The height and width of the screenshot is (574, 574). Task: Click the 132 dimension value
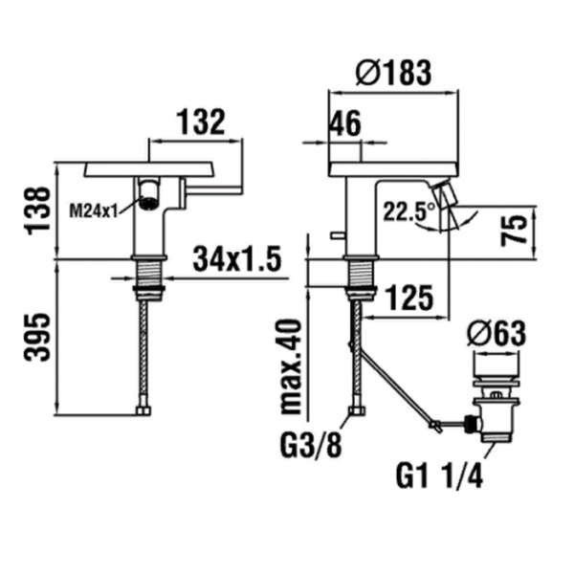pyautogui.click(x=200, y=122)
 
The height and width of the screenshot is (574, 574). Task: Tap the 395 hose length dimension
pyautogui.click(x=35, y=337)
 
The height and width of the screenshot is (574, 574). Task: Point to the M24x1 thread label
pyautogui.click(x=94, y=210)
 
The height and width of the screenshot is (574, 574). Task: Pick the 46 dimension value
pyautogui.click(x=346, y=123)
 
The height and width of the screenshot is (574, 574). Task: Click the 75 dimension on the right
pyautogui.click(x=515, y=231)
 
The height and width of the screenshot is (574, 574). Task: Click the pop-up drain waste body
pyautogui.click(x=497, y=407)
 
